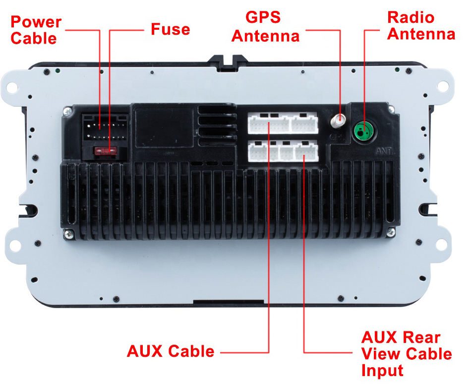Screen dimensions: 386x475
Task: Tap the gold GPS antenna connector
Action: (x=340, y=120)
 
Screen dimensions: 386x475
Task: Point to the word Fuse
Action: (x=170, y=29)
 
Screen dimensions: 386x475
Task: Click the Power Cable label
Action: (x=36, y=30)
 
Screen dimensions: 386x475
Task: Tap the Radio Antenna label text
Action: (x=420, y=25)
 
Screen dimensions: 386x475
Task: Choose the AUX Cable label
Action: (x=171, y=351)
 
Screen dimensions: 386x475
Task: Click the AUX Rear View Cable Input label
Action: (x=407, y=354)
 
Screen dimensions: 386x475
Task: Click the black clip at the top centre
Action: (x=228, y=60)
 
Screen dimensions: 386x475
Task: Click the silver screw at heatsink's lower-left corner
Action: (x=69, y=236)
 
